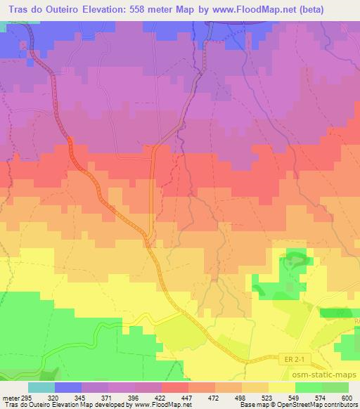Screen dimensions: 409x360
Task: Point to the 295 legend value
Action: [25, 397]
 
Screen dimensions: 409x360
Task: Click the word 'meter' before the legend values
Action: [9, 397]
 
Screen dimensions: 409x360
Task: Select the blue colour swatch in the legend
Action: [68, 387]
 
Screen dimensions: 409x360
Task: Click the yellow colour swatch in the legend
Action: [281, 387]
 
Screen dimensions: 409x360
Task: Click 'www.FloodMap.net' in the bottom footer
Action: [164, 405]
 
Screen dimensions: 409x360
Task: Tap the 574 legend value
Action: [315, 397]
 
